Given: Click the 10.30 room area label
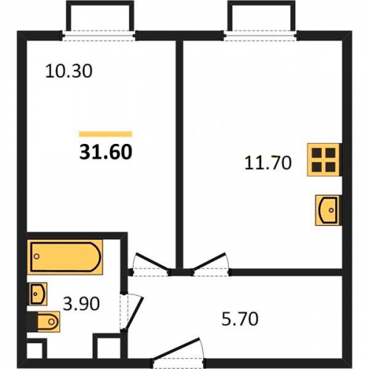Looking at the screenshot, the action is point(69,72).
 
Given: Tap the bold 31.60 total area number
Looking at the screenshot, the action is point(106,152).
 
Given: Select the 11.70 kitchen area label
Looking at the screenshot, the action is point(268,162).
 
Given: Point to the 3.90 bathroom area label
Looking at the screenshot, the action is point(81,303).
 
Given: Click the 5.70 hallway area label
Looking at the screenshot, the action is point(240,319).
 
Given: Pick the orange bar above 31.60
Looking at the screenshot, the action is point(106,134).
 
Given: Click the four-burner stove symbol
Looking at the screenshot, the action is point(323,159).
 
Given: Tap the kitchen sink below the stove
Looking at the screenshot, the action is point(328,210).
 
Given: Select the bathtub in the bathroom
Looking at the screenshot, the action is point(65,257).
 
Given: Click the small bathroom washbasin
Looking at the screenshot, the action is point(38,294).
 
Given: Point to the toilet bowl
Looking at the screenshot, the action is point(49,322).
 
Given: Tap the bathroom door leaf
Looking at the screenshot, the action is point(134,312).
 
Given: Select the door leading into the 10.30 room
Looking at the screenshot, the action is point(153,262).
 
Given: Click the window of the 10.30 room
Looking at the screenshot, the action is point(98,35).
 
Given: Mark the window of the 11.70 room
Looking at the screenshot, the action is point(261,35).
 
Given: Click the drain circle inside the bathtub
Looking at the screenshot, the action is point(37,257).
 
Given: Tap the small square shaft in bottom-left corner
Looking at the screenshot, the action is point(35,350).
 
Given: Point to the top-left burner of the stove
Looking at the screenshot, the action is point(317,153).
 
